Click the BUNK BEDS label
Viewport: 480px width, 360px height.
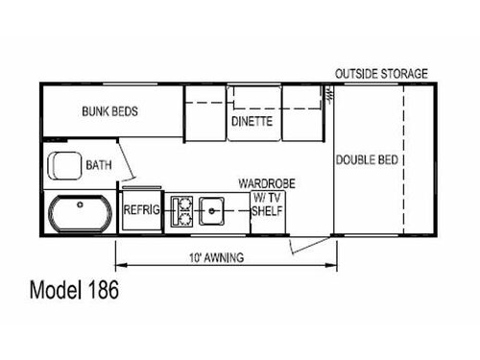pos(109,111)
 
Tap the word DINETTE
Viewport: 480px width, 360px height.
pos(252,122)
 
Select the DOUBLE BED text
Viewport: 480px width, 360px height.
pos(368,159)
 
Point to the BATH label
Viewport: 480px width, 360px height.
pos(99,165)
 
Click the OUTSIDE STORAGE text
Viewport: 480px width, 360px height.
pos(381,73)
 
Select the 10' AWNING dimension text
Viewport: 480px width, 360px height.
pos(217,257)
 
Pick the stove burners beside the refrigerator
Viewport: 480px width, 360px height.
pos(180,211)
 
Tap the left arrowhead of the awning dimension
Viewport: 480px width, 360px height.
pos(118,266)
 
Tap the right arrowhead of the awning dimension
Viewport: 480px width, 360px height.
pos(335,266)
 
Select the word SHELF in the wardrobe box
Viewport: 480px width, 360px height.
pos(267,211)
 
